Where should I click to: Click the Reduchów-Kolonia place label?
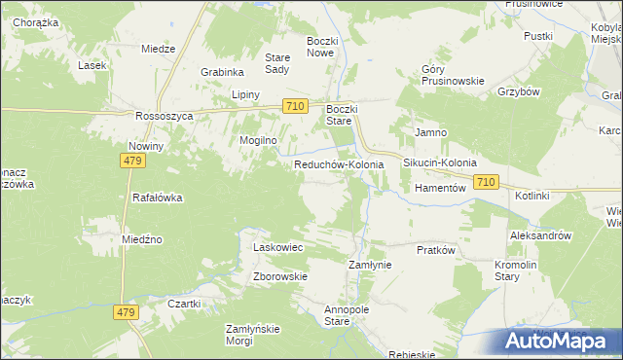339,165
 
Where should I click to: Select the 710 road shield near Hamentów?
487,182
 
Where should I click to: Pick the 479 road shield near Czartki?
130,312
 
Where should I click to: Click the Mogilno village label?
259,140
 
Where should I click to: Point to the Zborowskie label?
280,276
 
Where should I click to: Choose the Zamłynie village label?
370,265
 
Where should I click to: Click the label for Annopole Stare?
349,315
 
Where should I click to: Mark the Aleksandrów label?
539,235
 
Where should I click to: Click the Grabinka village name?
222,72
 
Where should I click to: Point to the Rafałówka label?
158,198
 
